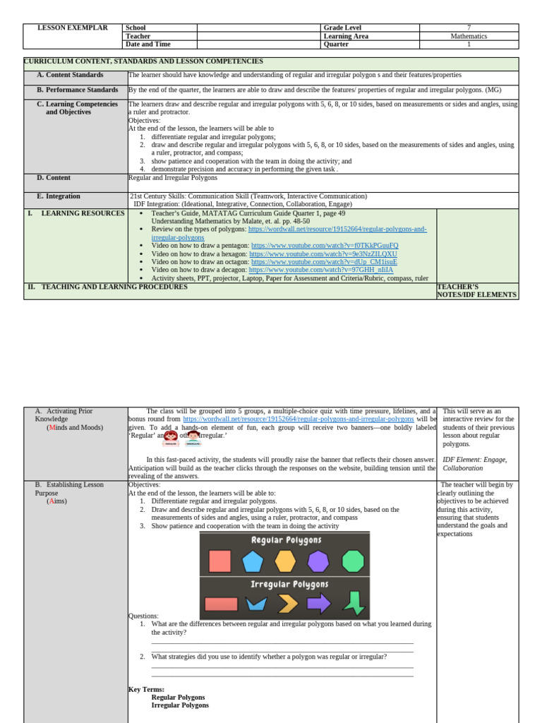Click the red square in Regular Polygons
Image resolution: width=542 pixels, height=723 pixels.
pos(219,561)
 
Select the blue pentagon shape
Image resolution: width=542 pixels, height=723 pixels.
pos(252,561)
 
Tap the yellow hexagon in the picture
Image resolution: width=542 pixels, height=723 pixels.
pos(285,561)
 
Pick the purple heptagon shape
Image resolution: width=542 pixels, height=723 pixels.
pos(318,561)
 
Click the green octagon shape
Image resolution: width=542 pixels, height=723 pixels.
pos(353,561)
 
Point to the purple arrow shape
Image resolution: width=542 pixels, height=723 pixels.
pos(319,604)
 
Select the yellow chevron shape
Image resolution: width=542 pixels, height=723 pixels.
pos(287,604)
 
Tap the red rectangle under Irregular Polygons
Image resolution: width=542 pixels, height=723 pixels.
pos(221,604)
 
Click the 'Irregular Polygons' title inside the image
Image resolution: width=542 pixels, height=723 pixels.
pos(289,585)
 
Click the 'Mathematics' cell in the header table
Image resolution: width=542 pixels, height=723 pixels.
pos(469,36)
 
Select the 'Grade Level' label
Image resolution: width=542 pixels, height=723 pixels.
pos(342,28)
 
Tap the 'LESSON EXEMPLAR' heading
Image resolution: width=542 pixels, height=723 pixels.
pos(72,28)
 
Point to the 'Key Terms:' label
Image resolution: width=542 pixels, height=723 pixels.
pos(146,689)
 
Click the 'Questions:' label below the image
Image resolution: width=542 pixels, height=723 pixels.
pos(143,616)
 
